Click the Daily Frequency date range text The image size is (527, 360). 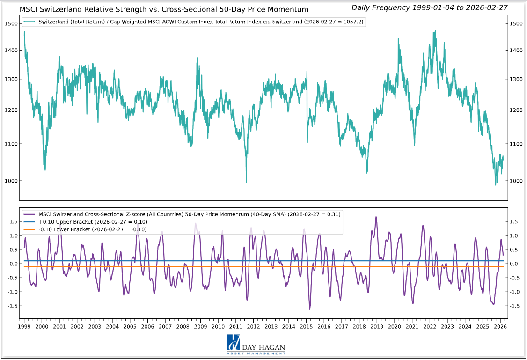point(429,7)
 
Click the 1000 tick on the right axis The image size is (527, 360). point(516,181)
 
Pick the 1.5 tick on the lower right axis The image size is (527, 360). point(514,221)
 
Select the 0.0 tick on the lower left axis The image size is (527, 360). point(13,264)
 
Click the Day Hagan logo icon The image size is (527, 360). point(233,344)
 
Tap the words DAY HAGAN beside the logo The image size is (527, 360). point(263,347)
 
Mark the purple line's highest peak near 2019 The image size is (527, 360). point(376,217)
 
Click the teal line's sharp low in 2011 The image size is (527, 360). point(247,182)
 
